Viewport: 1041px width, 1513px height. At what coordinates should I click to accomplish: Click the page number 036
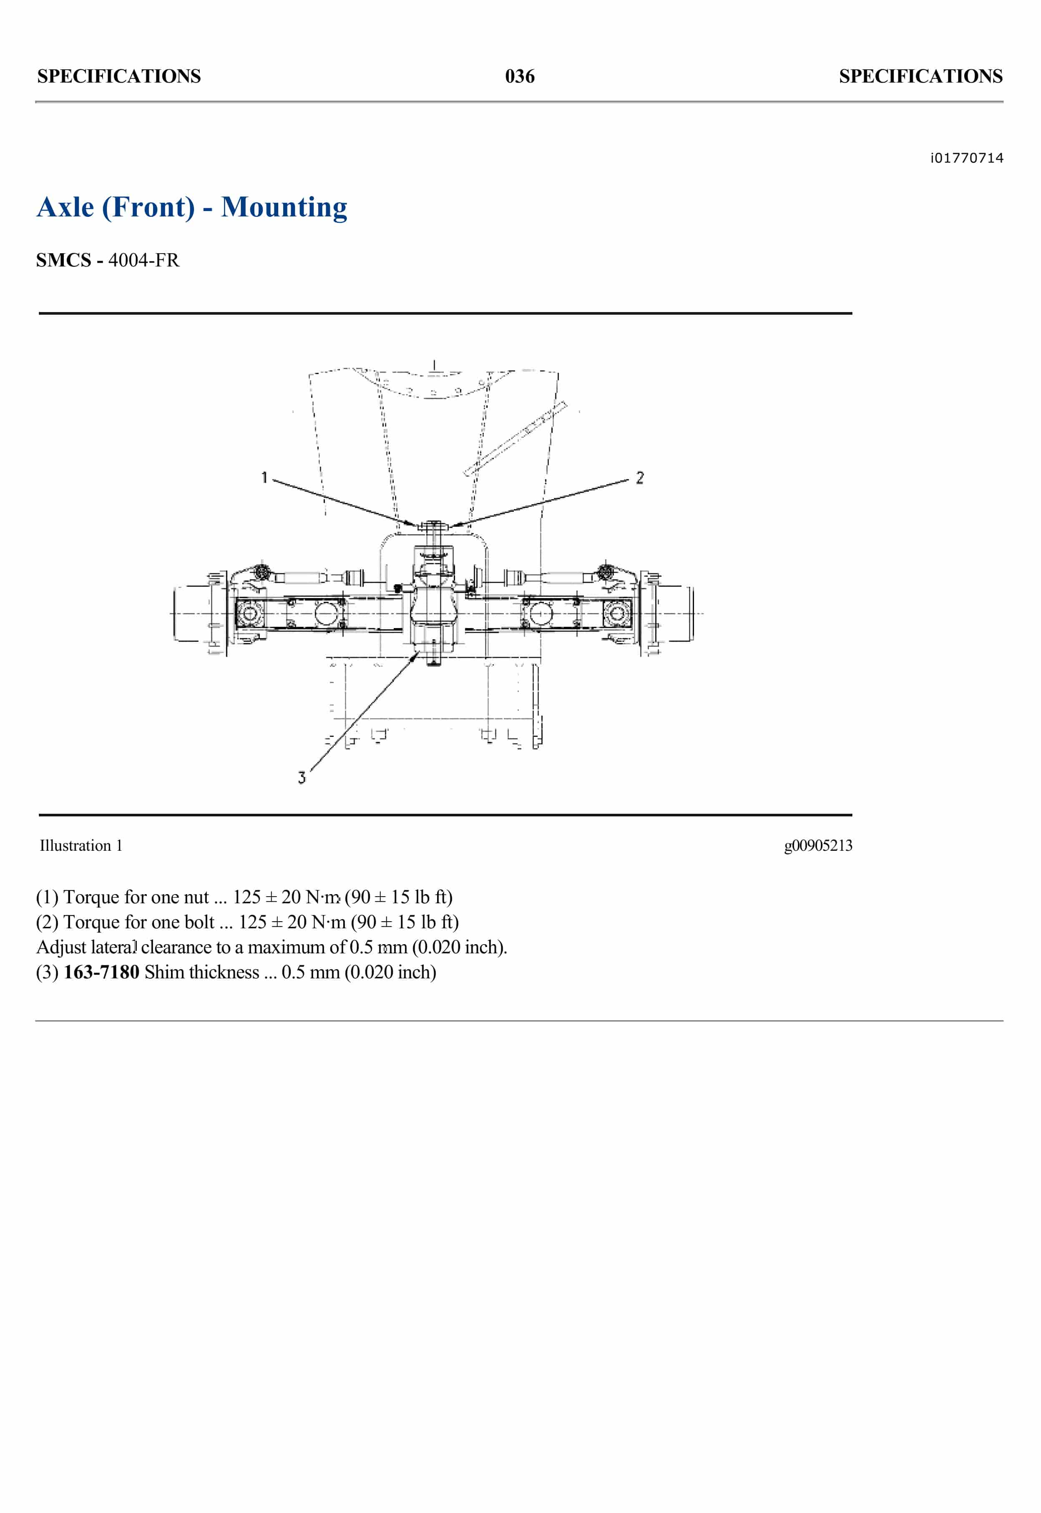coord(519,76)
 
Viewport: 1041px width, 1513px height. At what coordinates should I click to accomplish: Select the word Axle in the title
coord(65,207)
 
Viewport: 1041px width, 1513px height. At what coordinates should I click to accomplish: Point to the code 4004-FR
coord(143,260)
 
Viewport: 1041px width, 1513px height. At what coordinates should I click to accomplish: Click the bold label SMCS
coord(63,260)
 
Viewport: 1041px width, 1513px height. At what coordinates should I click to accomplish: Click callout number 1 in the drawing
coord(264,478)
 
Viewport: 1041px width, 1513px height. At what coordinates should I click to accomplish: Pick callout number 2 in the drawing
coord(640,478)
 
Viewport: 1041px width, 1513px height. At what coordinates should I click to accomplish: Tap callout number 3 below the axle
coord(302,777)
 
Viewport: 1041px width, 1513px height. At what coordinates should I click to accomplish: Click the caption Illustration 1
coord(81,846)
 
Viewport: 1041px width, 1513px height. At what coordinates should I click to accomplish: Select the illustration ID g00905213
coord(818,846)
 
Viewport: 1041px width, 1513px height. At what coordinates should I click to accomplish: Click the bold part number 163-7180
coord(101,973)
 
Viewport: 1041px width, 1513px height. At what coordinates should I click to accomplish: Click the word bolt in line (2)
coord(199,922)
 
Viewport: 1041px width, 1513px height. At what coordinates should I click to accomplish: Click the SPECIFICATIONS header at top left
coord(119,76)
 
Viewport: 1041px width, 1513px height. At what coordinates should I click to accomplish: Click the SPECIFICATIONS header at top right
coord(920,76)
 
